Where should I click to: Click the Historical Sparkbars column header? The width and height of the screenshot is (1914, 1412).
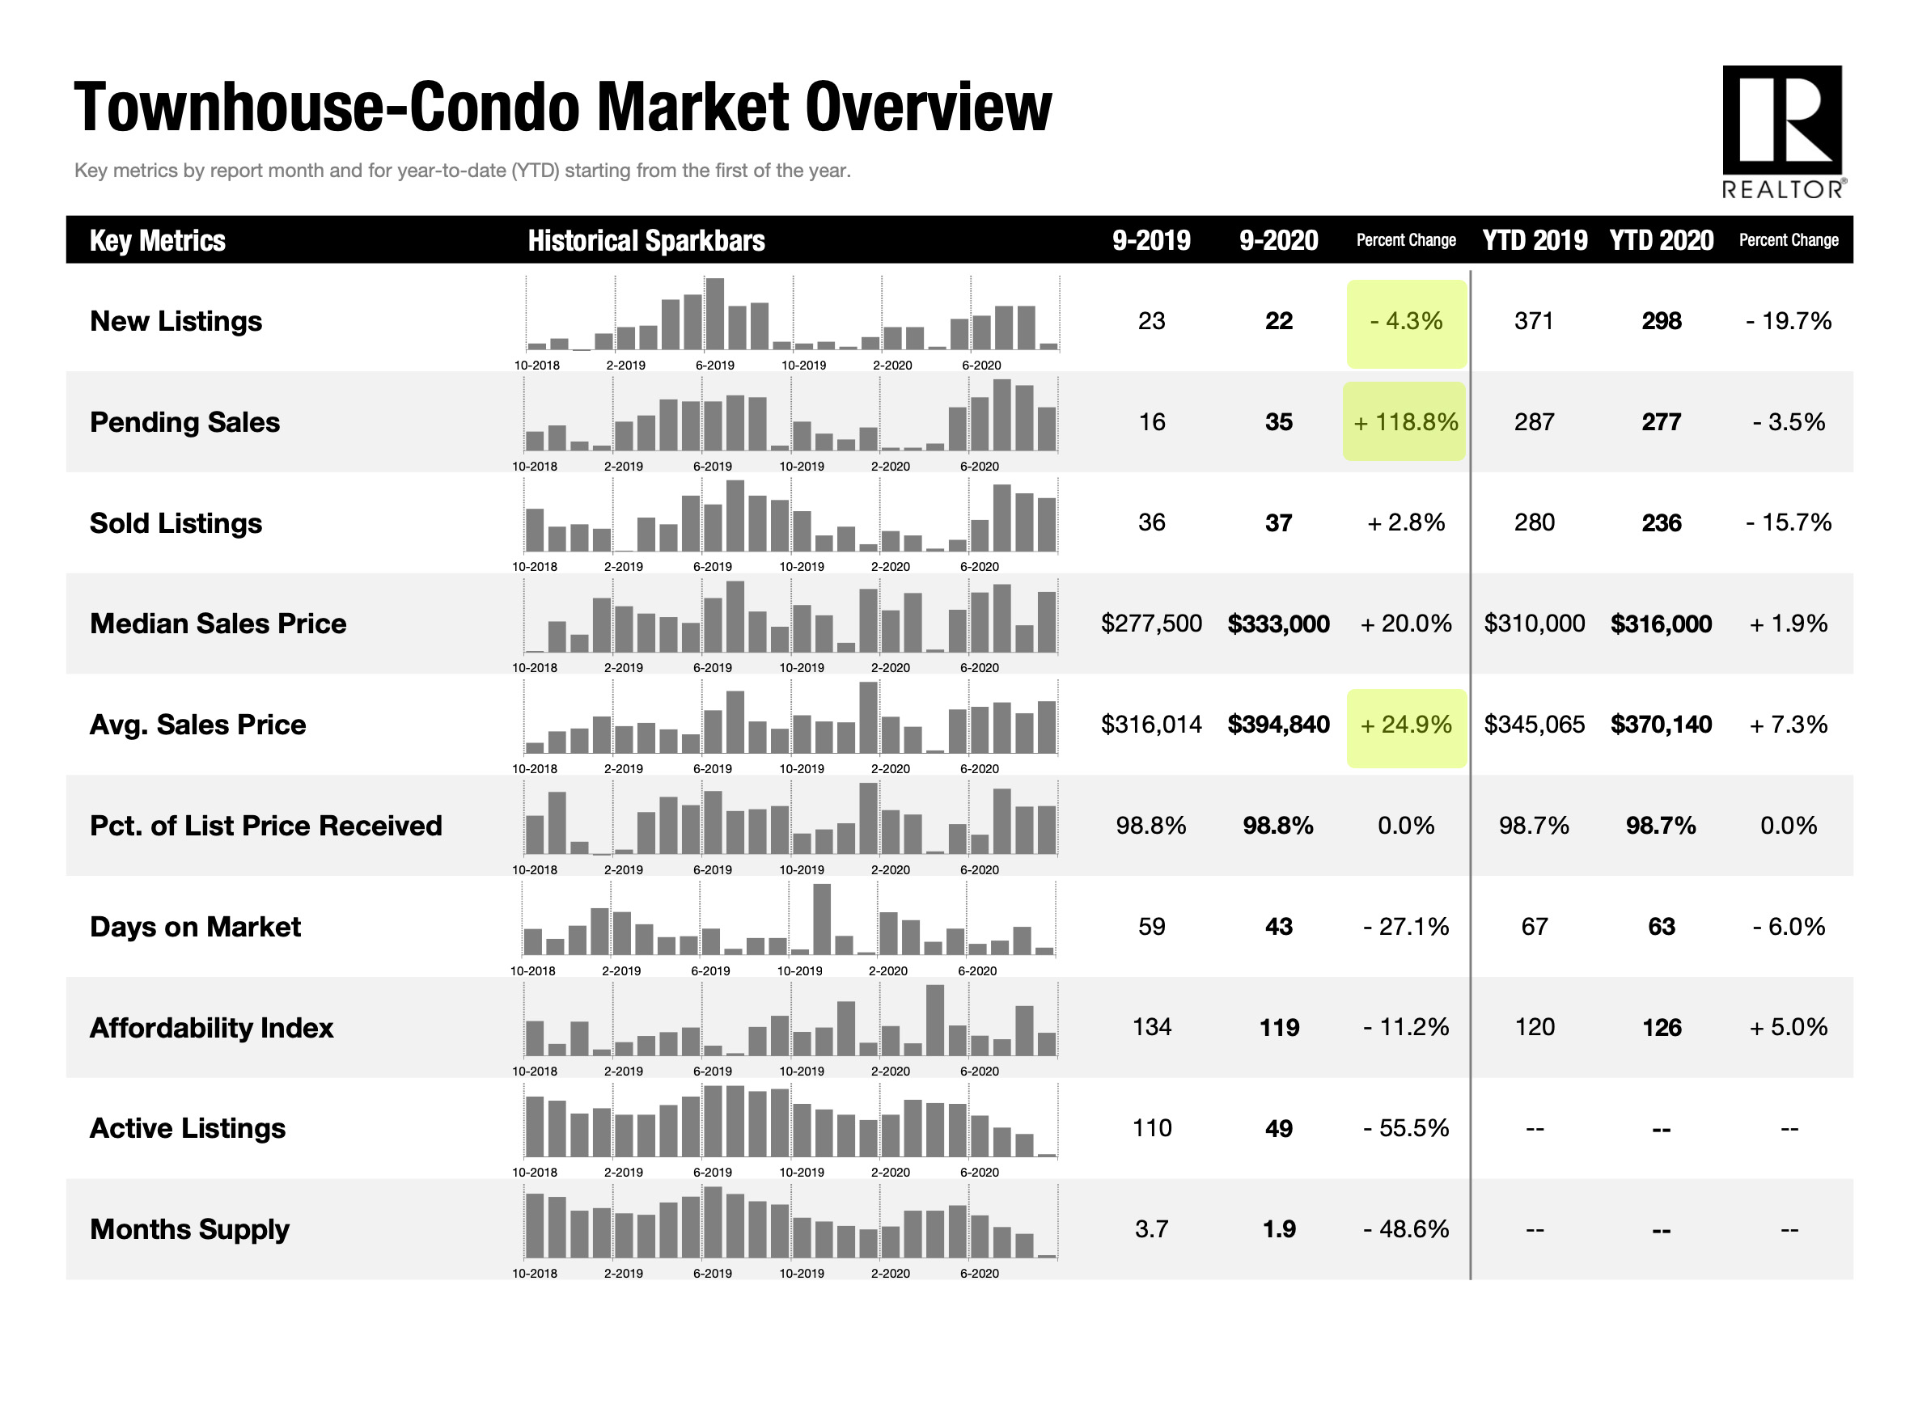pyautogui.click(x=646, y=240)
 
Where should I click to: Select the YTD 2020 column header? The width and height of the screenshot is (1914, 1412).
pyautogui.click(x=1661, y=240)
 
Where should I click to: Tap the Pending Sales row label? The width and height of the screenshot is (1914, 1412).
pyautogui.click(x=184, y=422)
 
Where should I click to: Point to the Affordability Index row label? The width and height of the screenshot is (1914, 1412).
pyautogui.click(x=211, y=1027)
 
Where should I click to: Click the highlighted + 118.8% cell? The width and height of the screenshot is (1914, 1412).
pyautogui.click(x=1405, y=421)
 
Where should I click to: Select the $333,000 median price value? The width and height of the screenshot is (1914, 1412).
pyautogui.click(x=1278, y=624)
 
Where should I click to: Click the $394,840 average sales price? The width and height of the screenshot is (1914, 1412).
pyautogui.click(x=1278, y=725)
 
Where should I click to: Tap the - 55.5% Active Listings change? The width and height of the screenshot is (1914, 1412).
pyautogui.click(x=1405, y=1128)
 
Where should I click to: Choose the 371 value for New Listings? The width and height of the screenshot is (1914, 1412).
pyautogui.click(x=1534, y=321)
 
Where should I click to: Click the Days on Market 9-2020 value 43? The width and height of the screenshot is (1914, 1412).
pyautogui.click(x=1278, y=927)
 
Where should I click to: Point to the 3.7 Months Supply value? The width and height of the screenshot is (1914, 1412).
pyautogui.click(x=1151, y=1229)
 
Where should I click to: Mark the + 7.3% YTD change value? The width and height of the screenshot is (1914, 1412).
pyautogui.click(x=1788, y=725)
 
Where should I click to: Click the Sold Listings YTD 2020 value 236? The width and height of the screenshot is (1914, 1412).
pyautogui.click(x=1661, y=523)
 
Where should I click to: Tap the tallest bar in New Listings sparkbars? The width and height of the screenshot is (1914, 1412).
pyautogui.click(x=714, y=314)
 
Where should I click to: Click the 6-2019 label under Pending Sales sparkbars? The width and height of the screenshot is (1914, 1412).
pyautogui.click(x=712, y=467)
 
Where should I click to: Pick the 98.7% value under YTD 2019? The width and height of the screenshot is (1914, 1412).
pyautogui.click(x=1534, y=826)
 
